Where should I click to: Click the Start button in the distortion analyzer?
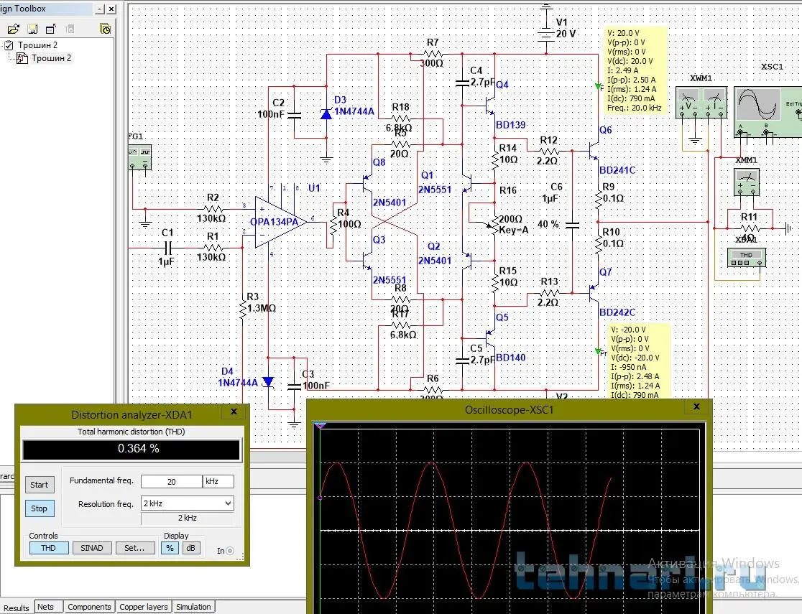click(40, 485)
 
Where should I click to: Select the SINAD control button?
click(92, 548)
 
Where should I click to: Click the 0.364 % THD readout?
click(131, 450)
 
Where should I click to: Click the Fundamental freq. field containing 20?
click(171, 481)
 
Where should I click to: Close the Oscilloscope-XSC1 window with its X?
click(696, 407)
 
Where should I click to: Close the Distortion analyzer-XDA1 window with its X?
click(234, 412)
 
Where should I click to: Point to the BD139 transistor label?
click(511, 125)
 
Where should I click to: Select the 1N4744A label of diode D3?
click(354, 111)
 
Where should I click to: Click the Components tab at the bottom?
click(89, 607)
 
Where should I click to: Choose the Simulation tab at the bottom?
click(193, 607)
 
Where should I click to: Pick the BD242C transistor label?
click(617, 312)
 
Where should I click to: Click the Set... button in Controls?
click(135, 548)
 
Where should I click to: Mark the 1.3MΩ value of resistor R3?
click(262, 308)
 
